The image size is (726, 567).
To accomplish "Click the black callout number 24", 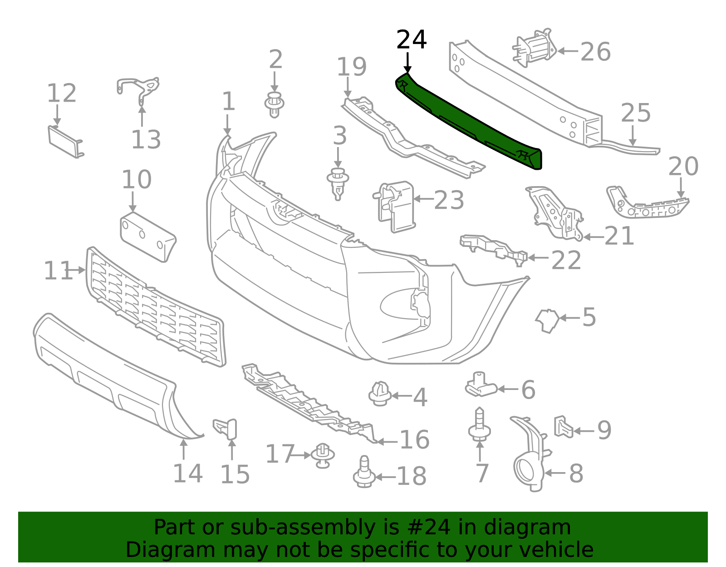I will [x=412, y=40].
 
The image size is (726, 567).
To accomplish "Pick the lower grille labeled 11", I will [x=154, y=306].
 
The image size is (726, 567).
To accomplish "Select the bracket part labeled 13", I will [x=138, y=89].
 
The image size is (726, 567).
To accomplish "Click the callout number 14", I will [x=187, y=473].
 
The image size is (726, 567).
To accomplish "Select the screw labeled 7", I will [x=479, y=427].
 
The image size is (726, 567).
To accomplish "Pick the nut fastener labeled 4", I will [x=380, y=394].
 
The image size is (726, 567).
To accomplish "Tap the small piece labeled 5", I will [x=548, y=320].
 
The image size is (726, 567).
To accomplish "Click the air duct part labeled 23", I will [x=395, y=207].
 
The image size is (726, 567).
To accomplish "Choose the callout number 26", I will [x=595, y=52].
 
